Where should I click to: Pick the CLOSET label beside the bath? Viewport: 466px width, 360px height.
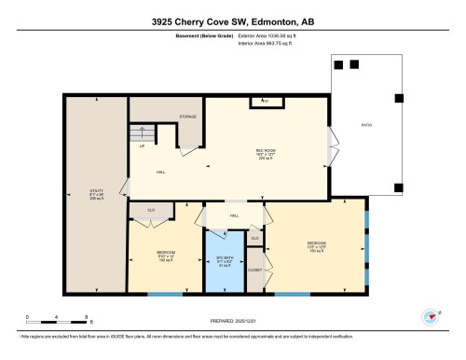click(x=254, y=270)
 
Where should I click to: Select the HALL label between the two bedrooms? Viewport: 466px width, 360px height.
click(x=234, y=215)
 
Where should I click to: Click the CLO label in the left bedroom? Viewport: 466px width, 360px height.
click(x=151, y=210)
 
